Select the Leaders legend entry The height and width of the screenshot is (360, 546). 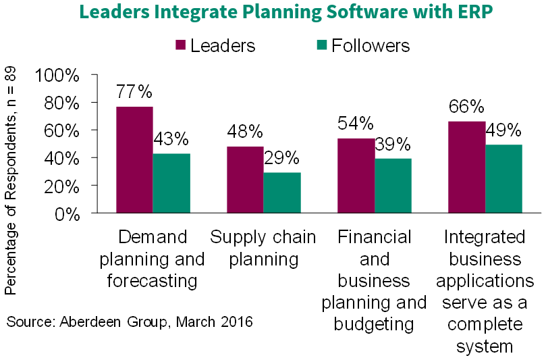click(x=215, y=45)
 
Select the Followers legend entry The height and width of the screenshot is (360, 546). click(x=363, y=45)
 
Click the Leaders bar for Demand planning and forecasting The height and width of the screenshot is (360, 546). click(x=134, y=159)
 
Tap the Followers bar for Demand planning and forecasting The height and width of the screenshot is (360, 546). click(x=171, y=183)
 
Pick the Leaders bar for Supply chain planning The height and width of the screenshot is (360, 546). click(x=244, y=179)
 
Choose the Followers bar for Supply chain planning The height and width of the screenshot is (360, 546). click(x=282, y=192)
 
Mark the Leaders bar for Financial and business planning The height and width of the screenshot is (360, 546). click(x=356, y=175)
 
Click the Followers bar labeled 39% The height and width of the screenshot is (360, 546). click(x=393, y=186)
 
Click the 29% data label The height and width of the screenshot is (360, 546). click(x=281, y=158)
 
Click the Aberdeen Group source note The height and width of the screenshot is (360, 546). click(x=130, y=322)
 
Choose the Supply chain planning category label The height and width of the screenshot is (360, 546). click(x=263, y=248)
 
